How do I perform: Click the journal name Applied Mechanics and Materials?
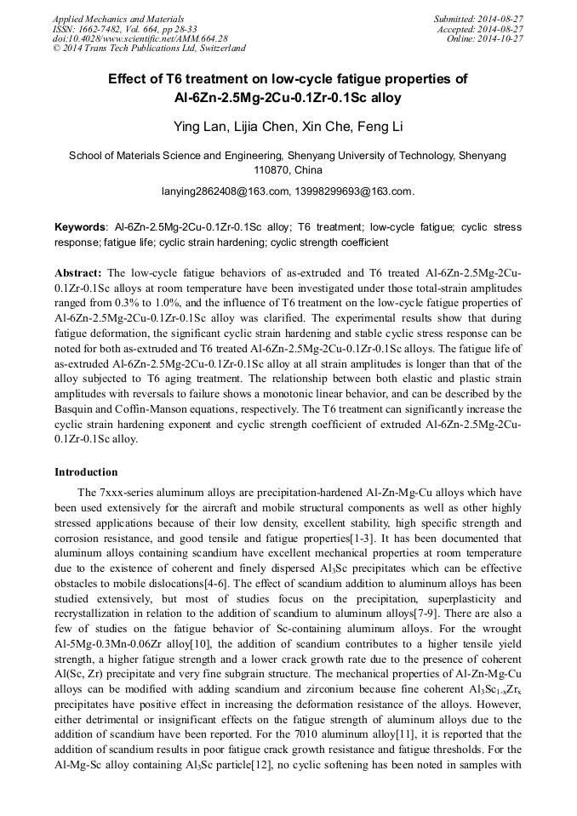coord(118,19)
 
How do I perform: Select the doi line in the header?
coord(140,39)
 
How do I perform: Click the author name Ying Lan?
coord(197,127)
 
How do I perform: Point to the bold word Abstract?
coord(78,273)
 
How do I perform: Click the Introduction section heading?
coord(86,472)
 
